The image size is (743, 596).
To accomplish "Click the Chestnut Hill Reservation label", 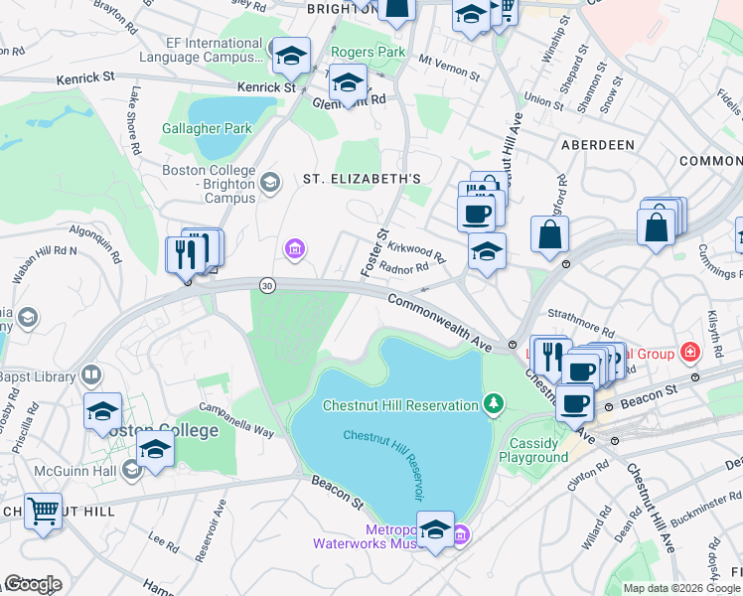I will coord(400,404).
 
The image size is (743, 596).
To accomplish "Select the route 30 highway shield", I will coord(267,285).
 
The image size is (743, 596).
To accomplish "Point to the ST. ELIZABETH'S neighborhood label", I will coord(363,179).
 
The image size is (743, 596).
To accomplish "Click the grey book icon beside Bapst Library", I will coord(90,374).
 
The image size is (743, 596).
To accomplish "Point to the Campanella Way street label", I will coord(236,420).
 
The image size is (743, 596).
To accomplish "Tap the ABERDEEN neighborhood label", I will coord(598,145).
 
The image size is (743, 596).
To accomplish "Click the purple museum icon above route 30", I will coord(295,247).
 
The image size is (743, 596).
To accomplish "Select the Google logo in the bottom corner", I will coord(33,584).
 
